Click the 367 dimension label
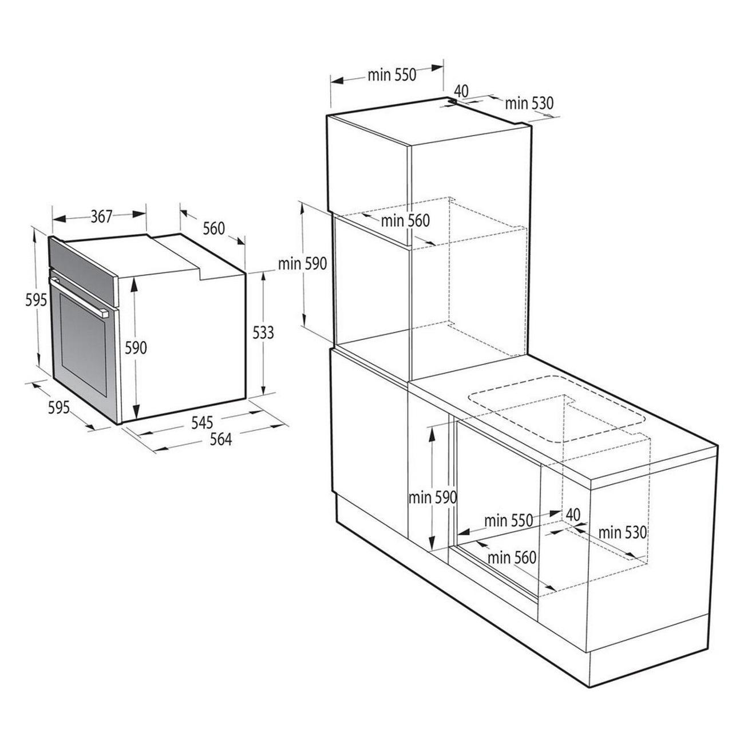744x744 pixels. [101, 216]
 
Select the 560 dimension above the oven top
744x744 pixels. [213, 228]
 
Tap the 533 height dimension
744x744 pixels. [263, 333]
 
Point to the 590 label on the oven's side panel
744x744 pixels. [136, 348]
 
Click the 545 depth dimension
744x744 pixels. [203, 423]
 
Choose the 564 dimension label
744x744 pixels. [221, 440]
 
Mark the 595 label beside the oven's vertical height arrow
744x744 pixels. [36, 300]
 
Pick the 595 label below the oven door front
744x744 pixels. [59, 407]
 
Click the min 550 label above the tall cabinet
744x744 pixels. [392, 76]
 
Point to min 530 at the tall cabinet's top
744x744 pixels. [529, 103]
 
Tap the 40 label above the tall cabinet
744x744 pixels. [461, 91]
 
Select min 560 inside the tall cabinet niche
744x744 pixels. [405, 220]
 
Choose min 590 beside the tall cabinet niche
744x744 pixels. [302, 264]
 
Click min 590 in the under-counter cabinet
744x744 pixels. [433, 498]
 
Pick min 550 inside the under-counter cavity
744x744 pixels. [508, 520]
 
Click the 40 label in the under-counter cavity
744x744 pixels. [572, 515]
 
